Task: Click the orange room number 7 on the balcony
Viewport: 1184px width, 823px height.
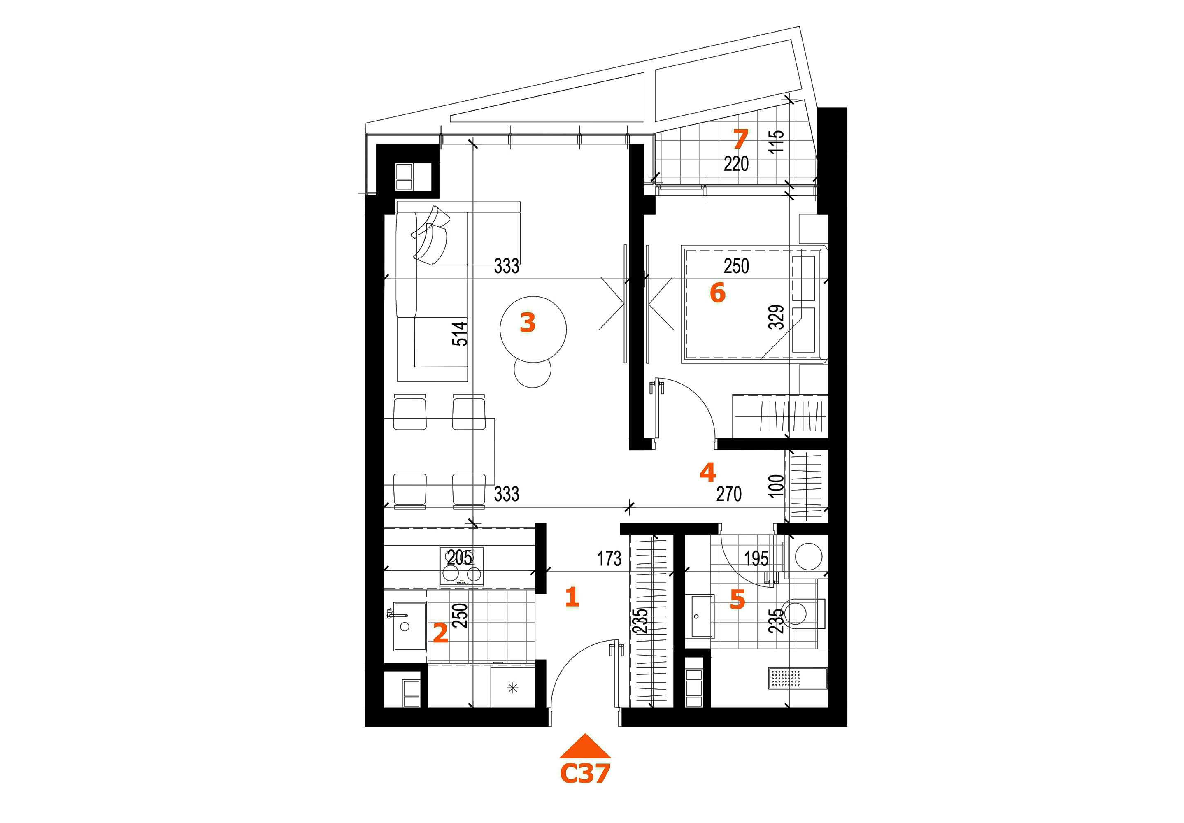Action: pyautogui.click(x=740, y=139)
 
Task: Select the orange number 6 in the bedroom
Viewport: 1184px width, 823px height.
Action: pyautogui.click(x=717, y=293)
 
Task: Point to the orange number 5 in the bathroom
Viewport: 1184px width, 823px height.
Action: pyautogui.click(x=737, y=600)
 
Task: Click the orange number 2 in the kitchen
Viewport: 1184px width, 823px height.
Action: pyautogui.click(x=440, y=633)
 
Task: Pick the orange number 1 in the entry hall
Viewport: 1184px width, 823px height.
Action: pyautogui.click(x=572, y=597)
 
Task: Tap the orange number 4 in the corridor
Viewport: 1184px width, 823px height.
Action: pyautogui.click(x=707, y=472)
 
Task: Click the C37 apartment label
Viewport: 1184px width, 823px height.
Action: pyautogui.click(x=585, y=774)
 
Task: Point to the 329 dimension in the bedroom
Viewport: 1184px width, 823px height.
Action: pyautogui.click(x=776, y=317)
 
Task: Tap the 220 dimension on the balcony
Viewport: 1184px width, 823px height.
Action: pyautogui.click(x=736, y=164)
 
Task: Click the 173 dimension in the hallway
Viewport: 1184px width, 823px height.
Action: pyautogui.click(x=609, y=558)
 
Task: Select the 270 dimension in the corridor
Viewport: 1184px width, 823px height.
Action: pyautogui.click(x=729, y=494)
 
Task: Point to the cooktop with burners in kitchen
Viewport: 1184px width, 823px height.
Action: pyautogui.click(x=461, y=567)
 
